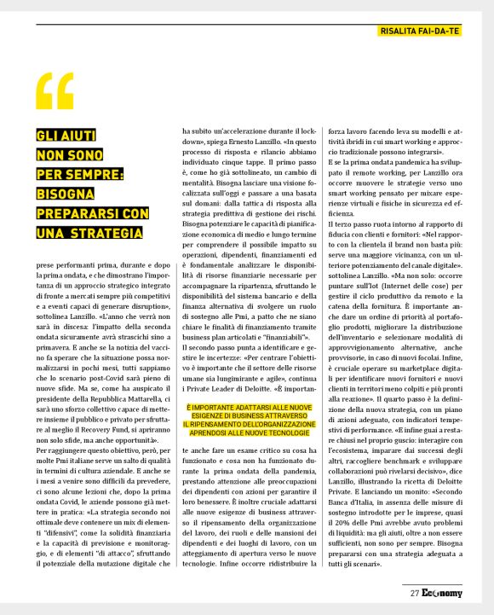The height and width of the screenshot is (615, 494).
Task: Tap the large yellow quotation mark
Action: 55,91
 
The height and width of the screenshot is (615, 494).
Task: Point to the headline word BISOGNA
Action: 66,193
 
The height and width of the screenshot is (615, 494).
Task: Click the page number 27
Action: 414,592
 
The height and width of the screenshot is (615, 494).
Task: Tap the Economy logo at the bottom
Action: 440,592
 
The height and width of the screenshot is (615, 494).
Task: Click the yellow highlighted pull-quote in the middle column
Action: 247,421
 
